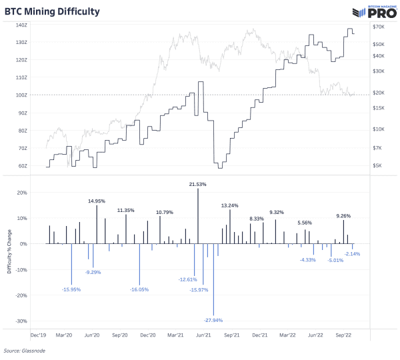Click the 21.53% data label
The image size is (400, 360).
[x=198, y=183]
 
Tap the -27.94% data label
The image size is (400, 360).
[x=213, y=321]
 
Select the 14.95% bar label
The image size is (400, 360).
[x=97, y=201]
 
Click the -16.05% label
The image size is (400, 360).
[x=139, y=290]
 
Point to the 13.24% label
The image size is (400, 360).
[x=230, y=205]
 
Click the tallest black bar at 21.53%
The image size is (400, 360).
[x=198, y=216]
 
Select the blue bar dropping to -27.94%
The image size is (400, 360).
[x=213, y=279]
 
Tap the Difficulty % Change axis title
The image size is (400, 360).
[x=7, y=257]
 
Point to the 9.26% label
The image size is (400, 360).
[x=343, y=215]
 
